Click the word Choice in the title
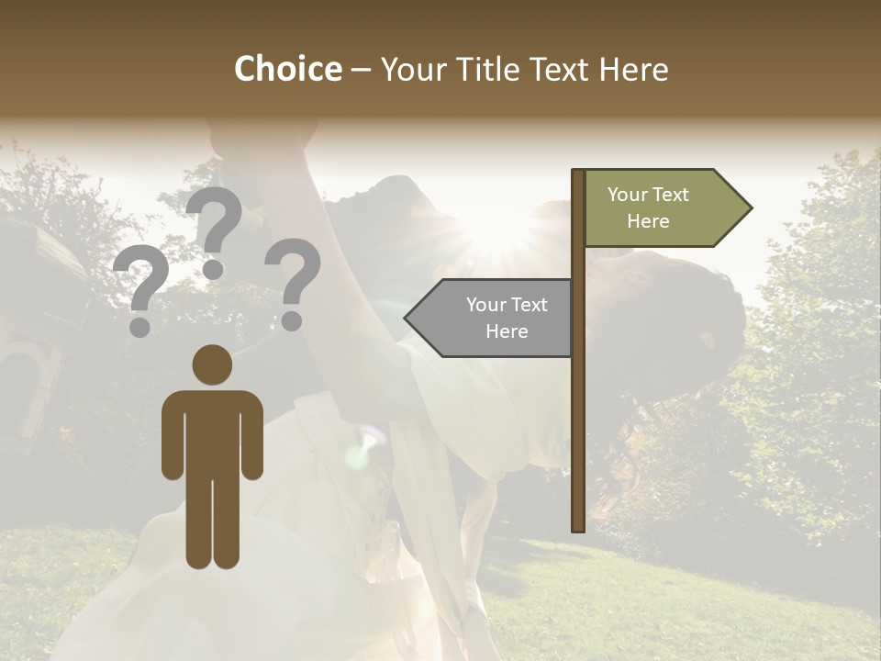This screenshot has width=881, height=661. tap(287, 70)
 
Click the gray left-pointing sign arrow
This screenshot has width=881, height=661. tap(490, 318)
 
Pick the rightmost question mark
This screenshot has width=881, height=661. tap(293, 283)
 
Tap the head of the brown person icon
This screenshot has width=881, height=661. tap(212, 364)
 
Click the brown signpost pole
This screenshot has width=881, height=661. tap(578, 413)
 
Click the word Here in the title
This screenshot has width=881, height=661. tap(634, 70)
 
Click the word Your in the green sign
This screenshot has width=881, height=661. tap(629, 195)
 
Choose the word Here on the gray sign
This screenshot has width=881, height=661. tap(507, 331)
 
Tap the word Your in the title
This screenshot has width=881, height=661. tap(409, 70)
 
